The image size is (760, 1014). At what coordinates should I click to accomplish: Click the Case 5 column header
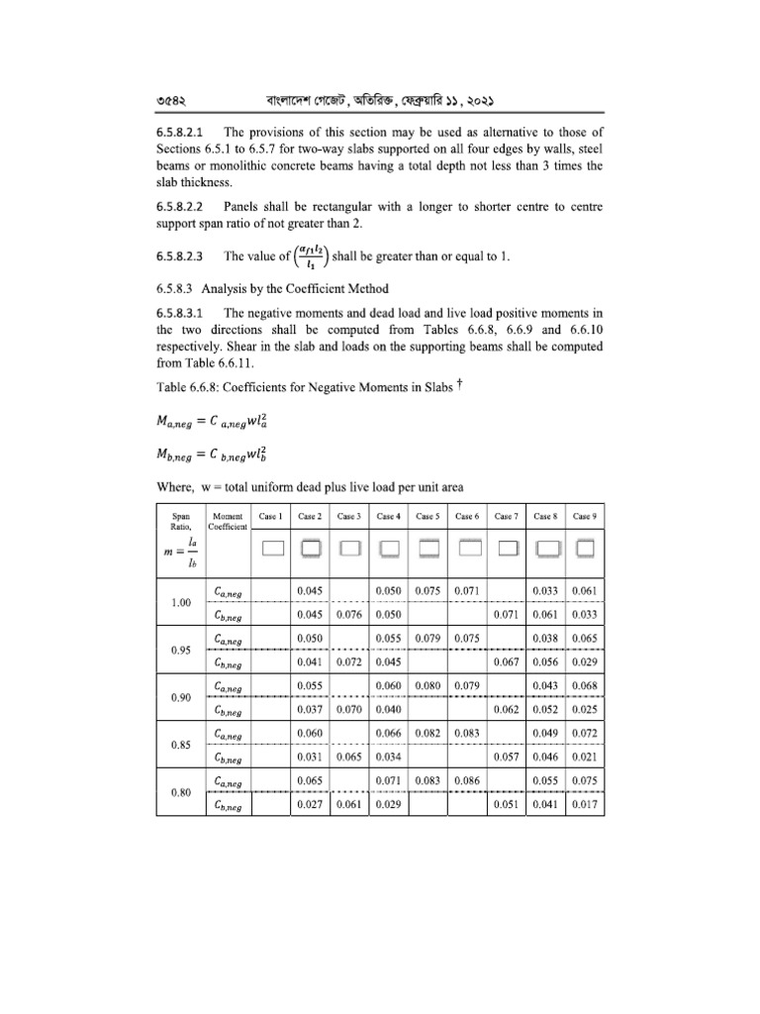(427, 516)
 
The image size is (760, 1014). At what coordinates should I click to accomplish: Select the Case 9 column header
(584, 516)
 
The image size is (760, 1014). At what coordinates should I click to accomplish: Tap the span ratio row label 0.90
(180, 697)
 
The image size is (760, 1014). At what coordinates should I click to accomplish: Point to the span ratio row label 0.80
(180, 793)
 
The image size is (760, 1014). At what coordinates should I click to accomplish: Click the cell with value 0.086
(466, 782)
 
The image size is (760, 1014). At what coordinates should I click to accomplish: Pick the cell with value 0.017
(584, 805)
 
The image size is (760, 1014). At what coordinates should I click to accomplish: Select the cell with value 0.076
(347, 614)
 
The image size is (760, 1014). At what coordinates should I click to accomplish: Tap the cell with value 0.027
(310, 805)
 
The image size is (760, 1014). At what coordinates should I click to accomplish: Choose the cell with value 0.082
(427, 734)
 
